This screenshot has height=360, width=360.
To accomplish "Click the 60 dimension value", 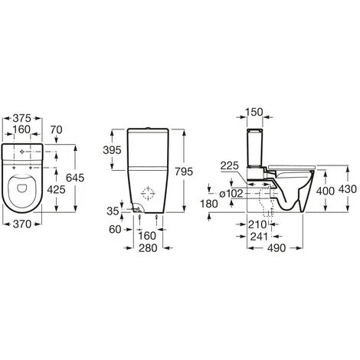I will (x=115, y=229).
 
